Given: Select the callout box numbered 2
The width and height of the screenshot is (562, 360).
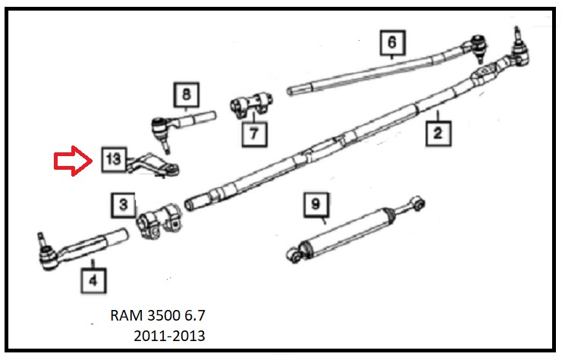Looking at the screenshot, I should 438,133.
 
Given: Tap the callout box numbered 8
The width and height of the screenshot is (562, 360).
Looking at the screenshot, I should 186,96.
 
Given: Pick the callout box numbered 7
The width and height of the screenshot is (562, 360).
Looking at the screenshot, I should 253,134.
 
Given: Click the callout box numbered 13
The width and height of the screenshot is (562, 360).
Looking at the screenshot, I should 112,160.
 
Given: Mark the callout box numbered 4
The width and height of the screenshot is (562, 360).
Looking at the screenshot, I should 93,282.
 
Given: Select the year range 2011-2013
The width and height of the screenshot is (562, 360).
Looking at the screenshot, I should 168,336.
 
